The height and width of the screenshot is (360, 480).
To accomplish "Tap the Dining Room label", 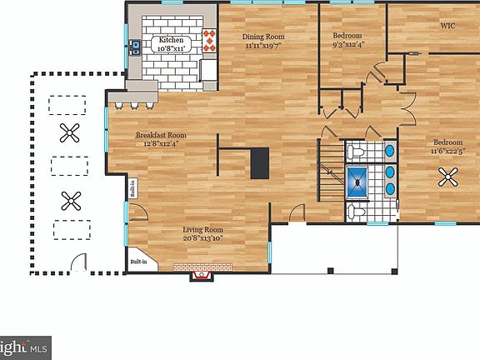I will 264,41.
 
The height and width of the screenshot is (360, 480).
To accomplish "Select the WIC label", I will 447,25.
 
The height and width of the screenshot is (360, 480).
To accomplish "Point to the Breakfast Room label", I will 161,138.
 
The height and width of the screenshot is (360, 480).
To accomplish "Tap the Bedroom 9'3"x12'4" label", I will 347,41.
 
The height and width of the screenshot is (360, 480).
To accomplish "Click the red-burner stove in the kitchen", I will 210,39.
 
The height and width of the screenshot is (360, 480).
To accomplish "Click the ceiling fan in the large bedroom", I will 450,176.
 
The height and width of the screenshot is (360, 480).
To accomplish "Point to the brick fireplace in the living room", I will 202,268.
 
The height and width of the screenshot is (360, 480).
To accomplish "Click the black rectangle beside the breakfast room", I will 261,162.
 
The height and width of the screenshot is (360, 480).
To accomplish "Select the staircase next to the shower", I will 331,167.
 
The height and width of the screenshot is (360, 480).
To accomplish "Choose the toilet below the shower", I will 355,211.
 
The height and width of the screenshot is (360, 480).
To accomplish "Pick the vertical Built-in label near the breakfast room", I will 132,190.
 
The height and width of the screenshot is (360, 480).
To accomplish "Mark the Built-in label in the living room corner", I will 138,262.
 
